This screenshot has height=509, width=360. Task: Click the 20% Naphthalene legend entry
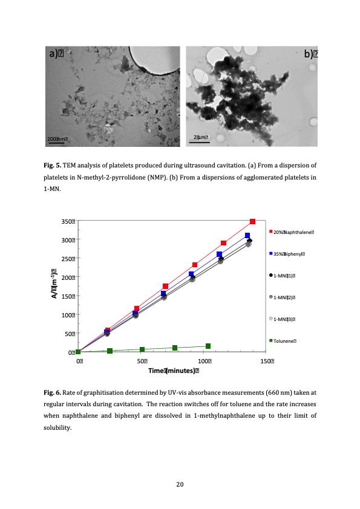click(293, 232)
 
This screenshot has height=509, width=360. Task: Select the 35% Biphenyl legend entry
click(289, 254)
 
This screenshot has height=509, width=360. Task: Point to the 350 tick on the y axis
click(68, 221)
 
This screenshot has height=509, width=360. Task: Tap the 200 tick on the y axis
click(68, 277)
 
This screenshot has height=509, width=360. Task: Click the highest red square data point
click(252, 222)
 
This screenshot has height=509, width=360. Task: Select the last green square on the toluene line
click(208, 346)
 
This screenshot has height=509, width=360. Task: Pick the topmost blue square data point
click(247, 236)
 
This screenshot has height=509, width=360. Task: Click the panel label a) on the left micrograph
click(57, 54)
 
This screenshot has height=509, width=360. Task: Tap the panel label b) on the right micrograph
click(312, 54)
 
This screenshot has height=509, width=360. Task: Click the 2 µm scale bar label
click(201, 138)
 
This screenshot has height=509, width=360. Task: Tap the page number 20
click(180, 484)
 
